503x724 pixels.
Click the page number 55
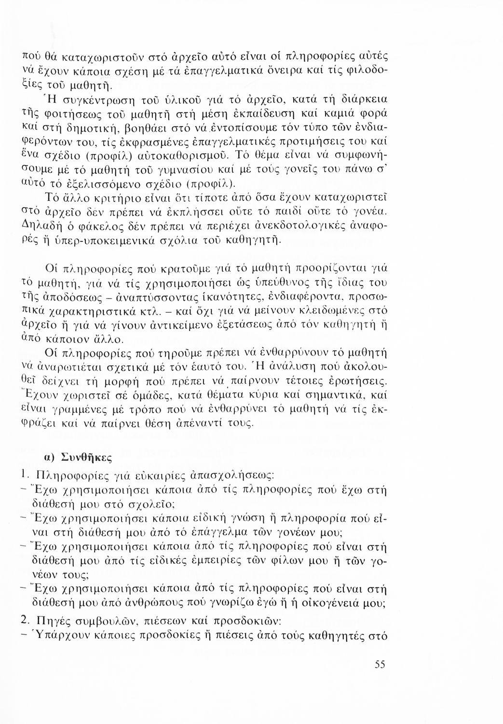coord(380,665)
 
